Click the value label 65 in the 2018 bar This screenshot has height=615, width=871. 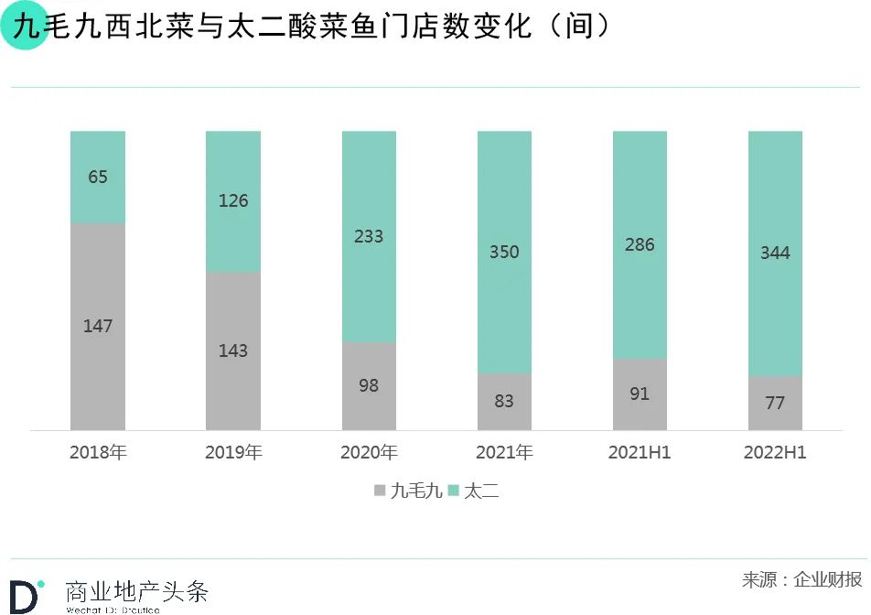coord(98,177)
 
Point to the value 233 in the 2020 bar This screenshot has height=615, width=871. coord(369,236)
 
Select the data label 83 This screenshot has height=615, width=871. coord(504,401)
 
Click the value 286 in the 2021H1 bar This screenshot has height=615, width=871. coord(640,244)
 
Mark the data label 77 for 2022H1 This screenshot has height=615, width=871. coord(775,403)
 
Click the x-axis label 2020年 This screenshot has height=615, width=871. coord(369,453)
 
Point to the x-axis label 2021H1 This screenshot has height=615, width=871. coord(640,453)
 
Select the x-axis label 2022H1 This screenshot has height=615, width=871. coord(775,453)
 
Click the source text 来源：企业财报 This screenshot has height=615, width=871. coord(801,579)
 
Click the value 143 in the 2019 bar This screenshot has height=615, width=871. coord(233,351)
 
